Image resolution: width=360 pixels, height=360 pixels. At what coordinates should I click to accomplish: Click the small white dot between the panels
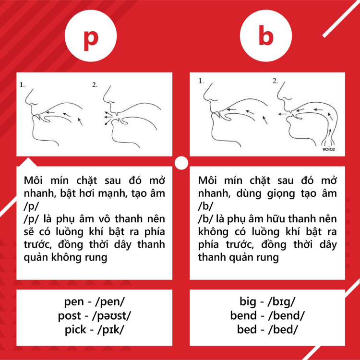click(x=181, y=163)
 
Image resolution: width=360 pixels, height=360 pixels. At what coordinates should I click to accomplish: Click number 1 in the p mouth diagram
click(x=22, y=84)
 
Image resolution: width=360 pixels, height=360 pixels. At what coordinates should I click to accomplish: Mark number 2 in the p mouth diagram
click(x=95, y=84)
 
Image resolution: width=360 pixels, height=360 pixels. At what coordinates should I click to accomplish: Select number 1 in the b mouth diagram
click(x=201, y=81)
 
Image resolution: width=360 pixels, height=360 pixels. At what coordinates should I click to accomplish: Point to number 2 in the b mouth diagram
click(x=275, y=81)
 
